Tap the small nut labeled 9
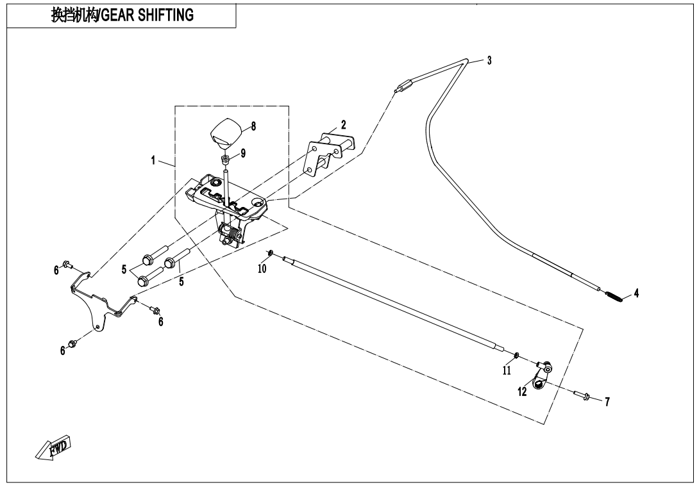226,158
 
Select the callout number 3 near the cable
489,61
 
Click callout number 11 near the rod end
506,371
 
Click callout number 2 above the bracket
343,124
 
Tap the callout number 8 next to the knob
253,126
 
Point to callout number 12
523,392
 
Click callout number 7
607,402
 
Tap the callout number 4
636,293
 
